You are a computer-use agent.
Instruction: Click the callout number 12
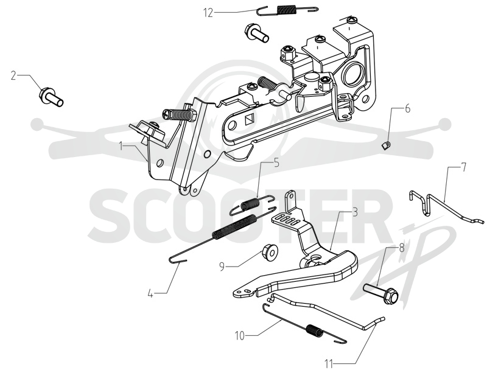click(208, 13)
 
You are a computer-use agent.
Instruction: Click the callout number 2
click(13, 75)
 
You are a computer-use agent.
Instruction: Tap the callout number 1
click(121, 146)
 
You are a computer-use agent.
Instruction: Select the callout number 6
click(407, 109)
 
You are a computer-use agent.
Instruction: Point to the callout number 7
click(463, 167)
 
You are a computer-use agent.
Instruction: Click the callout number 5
click(276, 162)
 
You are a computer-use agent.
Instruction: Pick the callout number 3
click(355, 212)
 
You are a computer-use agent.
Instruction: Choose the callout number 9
click(222, 267)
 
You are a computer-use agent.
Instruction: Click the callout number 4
click(150, 293)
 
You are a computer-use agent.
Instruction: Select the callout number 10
click(240, 336)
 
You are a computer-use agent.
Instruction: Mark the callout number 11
click(329, 363)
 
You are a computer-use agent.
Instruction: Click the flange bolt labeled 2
click(51, 97)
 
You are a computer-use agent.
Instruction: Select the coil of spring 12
click(286, 9)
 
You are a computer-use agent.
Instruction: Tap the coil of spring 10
click(315, 330)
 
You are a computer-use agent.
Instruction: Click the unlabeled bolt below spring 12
click(256, 32)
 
